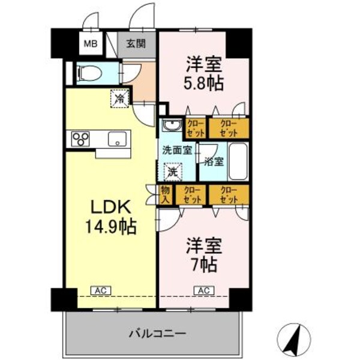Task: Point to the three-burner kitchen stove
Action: [80, 139]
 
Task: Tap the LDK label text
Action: [110, 208]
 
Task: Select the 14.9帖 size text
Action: [110, 227]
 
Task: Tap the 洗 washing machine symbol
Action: [172, 171]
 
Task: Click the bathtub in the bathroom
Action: [237, 161]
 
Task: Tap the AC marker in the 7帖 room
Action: [204, 291]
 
